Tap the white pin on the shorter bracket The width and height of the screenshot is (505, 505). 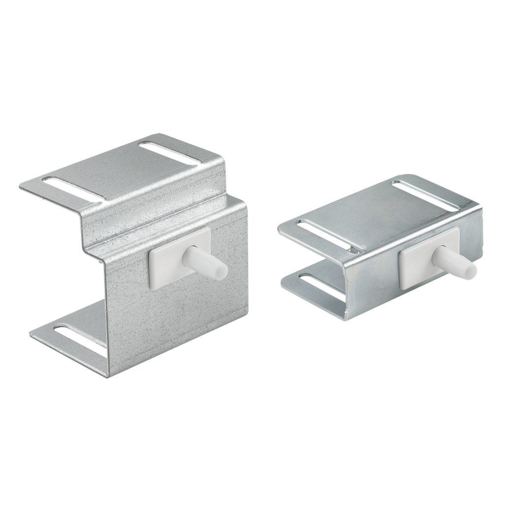click(454, 261)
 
